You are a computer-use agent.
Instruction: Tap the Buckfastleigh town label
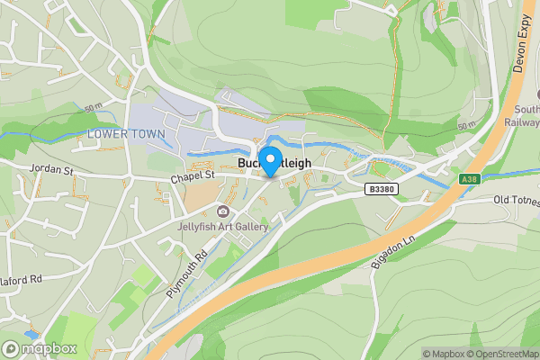tap(274, 163)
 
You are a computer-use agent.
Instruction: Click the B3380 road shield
tap(382, 189)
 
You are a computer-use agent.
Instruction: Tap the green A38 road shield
tap(469, 179)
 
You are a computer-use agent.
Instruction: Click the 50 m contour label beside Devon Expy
tap(466, 125)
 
